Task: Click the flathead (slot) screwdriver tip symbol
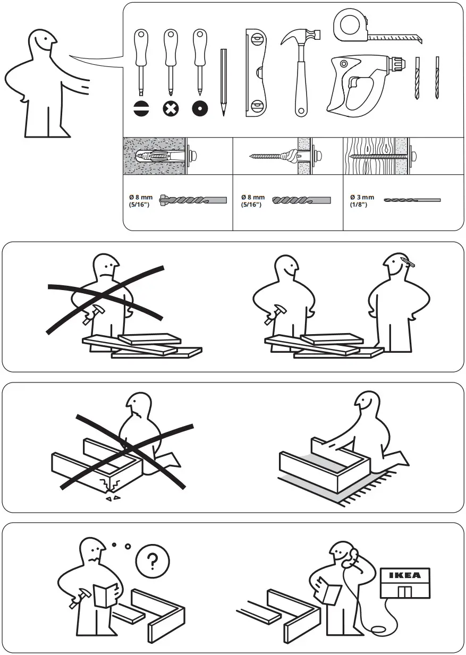click(x=141, y=109)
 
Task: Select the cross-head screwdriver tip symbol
click(x=171, y=109)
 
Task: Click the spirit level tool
click(x=256, y=73)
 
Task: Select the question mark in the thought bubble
click(x=152, y=561)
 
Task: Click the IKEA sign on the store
click(x=405, y=575)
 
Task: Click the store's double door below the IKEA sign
click(x=405, y=592)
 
